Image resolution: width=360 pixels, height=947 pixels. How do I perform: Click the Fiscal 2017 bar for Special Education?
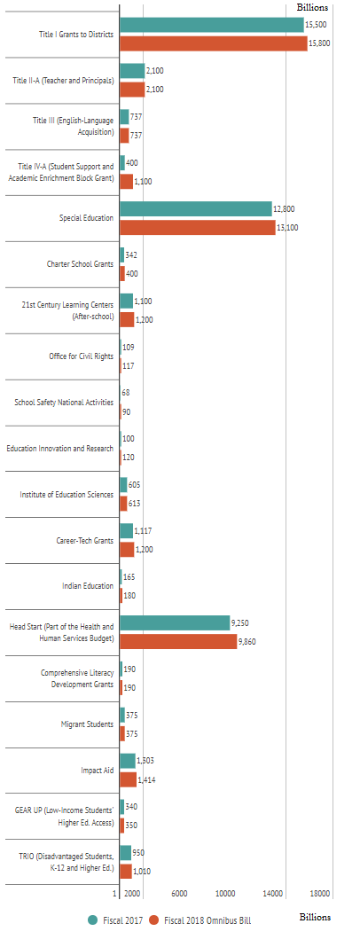[x=195, y=208]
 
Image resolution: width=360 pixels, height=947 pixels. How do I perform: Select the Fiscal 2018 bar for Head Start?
[x=177, y=641]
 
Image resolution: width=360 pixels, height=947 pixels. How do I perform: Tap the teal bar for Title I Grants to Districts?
[x=211, y=25]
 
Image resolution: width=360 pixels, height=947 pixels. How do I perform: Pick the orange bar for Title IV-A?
[x=126, y=182]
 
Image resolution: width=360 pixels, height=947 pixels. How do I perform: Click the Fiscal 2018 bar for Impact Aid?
[x=128, y=779]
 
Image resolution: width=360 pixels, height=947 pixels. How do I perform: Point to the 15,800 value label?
[x=320, y=43]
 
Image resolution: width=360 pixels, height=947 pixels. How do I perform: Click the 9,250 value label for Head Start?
[x=243, y=622]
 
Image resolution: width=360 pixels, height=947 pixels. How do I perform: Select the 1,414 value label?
[x=147, y=780]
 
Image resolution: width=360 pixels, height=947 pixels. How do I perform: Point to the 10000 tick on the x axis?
[x=225, y=894]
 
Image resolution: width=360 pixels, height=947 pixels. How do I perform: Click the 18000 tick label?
[x=320, y=894]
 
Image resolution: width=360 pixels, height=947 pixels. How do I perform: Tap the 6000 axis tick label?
[x=178, y=894]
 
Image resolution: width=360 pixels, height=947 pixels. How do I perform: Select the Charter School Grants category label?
[x=80, y=264]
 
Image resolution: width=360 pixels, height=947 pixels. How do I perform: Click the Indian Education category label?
[x=88, y=586]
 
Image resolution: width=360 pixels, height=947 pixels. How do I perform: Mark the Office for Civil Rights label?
[x=81, y=356]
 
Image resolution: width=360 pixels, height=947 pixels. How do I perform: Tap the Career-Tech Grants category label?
[x=84, y=540]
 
